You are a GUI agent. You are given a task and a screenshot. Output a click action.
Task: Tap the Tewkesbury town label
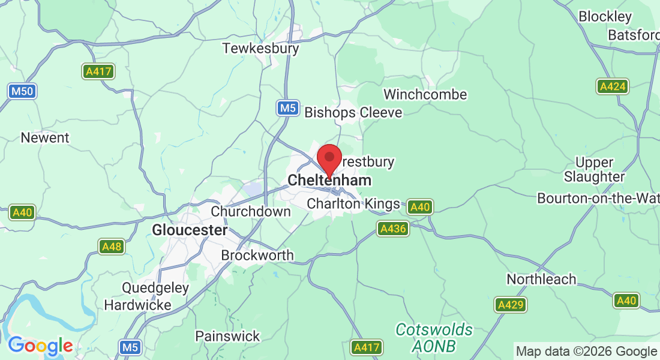260,48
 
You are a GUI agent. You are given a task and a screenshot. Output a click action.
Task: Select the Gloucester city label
190,230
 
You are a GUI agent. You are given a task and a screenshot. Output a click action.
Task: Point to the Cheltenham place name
329,181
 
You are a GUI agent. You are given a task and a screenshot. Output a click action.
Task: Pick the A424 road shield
612,86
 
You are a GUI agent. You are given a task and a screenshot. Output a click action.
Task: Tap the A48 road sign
112,247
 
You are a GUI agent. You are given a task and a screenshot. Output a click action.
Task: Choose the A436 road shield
393,229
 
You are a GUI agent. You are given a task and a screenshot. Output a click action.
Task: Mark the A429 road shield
510,305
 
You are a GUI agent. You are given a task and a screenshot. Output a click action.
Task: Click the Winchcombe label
425,95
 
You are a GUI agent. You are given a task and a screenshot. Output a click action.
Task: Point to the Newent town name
45,137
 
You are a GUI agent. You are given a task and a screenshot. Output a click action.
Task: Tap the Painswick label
227,336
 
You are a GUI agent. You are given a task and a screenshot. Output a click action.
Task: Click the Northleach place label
541,279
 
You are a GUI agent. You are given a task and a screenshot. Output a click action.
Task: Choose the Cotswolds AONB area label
434,338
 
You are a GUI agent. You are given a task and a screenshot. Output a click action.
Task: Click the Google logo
40,346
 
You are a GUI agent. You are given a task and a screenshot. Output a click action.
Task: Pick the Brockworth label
257,255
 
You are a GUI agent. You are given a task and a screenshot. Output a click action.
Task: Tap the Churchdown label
251,211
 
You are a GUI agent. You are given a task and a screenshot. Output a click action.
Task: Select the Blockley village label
605,16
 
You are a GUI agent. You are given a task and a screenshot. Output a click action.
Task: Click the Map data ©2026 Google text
587,352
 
